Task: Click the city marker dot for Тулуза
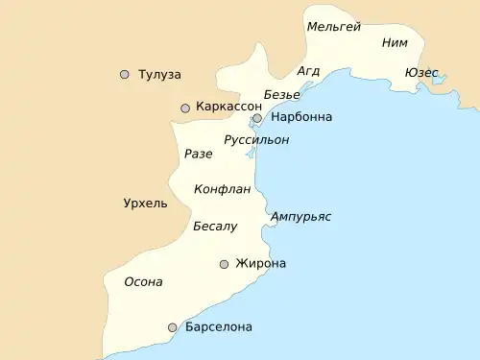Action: [x=124, y=74]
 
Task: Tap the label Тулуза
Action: [x=159, y=74]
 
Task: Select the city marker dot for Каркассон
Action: [x=185, y=108]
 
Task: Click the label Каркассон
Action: [x=228, y=107]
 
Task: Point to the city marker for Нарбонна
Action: [x=257, y=119]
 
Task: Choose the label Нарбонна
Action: [x=301, y=117]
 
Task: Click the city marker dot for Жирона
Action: [x=224, y=264]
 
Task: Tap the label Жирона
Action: [x=260, y=263]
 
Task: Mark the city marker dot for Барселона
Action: [x=173, y=327]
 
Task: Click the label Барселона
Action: [x=219, y=326]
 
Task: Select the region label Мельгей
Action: [x=333, y=27]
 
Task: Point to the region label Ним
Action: [x=395, y=42]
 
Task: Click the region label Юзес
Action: [x=421, y=73]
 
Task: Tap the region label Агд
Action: [x=308, y=71]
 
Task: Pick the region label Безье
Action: [x=281, y=94]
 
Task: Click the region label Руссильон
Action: [x=256, y=140]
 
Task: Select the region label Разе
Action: [x=198, y=154]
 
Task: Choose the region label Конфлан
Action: [x=222, y=189]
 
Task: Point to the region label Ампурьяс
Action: [x=300, y=216]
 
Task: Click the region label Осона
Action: [x=144, y=282]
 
